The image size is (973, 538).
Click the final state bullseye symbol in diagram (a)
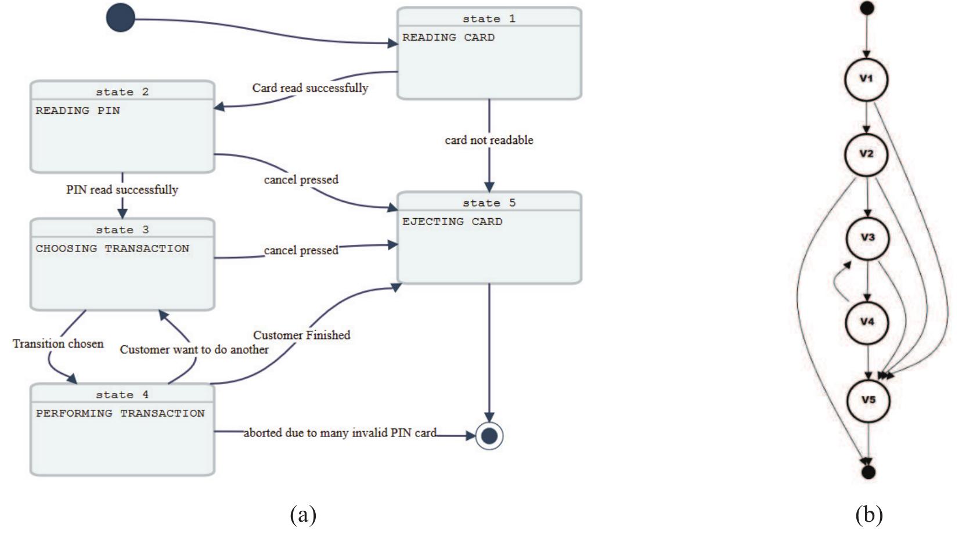[x=489, y=435]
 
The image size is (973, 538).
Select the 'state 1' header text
[x=489, y=19]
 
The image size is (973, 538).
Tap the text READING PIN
[x=78, y=110]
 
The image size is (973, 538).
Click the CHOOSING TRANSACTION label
[x=112, y=248]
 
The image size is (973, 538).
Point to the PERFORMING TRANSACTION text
[x=120, y=413]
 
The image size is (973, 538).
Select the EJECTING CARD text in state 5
[x=452, y=221]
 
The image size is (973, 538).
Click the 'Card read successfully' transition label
[x=310, y=88]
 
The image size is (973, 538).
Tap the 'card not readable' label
[x=489, y=140]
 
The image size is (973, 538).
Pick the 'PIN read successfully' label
[x=122, y=190]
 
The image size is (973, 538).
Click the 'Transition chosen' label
[x=58, y=344]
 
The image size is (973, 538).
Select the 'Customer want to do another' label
[x=194, y=349]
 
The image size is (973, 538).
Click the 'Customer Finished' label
[x=301, y=335]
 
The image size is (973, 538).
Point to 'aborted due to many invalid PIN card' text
[x=340, y=433]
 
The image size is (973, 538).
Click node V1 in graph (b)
[x=866, y=79]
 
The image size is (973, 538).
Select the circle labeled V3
[x=867, y=238]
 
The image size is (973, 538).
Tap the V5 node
[x=868, y=400]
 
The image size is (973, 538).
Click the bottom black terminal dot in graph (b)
[x=868, y=472]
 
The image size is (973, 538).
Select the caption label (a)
[x=303, y=514]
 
